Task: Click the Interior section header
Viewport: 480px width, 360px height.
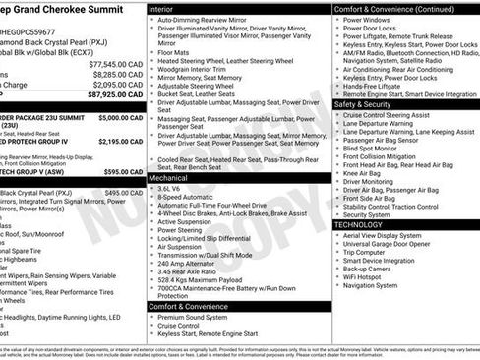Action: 166,8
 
